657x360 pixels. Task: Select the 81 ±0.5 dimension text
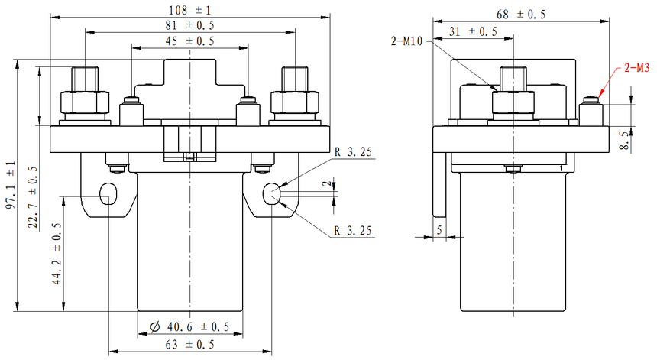tap(189, 25)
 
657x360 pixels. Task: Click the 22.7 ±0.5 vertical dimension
tap(34, 192)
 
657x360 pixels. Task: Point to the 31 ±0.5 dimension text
tap(471, 31)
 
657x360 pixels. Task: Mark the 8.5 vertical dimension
tap(624, 141)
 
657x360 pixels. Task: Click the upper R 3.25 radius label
tap(353, 153)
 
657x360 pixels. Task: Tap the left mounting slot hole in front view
tap(109, 193)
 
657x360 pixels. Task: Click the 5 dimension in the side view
tap(439, 229)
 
